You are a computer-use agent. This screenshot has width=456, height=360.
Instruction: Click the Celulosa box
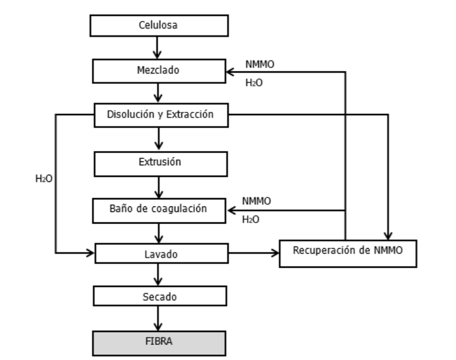point(160,26)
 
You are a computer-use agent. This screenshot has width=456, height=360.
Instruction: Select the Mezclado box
point(160,71)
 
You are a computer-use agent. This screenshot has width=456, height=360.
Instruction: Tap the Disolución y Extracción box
point(160,115)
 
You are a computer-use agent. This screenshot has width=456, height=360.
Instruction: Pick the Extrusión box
point(160,163)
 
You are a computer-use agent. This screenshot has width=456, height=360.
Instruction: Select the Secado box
point(160,297)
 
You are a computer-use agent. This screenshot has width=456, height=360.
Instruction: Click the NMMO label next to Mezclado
point(259,64)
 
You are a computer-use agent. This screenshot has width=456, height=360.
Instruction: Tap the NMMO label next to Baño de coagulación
point(256,201)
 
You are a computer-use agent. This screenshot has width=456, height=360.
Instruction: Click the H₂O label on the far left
point(44,178)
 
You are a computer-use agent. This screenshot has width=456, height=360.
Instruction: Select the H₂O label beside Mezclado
point(254,83)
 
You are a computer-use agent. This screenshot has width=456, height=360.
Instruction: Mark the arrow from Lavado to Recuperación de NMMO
point(254,252)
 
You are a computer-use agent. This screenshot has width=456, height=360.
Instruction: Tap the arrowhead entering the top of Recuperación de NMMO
point(388,235)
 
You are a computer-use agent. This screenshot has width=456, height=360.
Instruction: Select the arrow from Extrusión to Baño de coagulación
point(160,187)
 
